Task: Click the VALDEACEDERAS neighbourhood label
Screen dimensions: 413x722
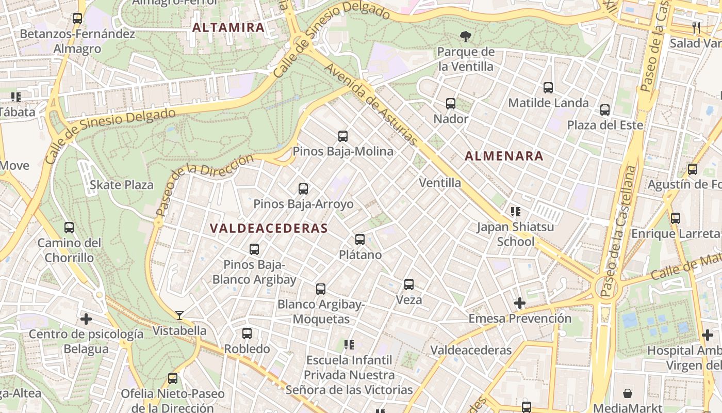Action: pos(269,228)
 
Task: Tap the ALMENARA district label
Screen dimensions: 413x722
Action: pos(504,156)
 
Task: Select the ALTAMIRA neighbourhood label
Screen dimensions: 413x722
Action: pos(228,27)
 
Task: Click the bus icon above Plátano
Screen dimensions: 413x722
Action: pos(360,240)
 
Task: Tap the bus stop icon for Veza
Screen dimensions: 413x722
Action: pos(409,284)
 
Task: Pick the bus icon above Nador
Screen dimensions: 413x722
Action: pos(451,104)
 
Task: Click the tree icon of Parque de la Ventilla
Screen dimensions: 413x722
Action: pos(466,36)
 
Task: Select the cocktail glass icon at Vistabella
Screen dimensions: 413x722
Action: pos(179,315)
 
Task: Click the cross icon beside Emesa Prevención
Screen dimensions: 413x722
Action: pos(519,303)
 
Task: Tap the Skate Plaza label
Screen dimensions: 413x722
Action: pos(122,185)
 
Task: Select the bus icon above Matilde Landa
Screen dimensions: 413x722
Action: pos(548,88)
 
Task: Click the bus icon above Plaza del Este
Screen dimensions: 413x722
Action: pos(605,110)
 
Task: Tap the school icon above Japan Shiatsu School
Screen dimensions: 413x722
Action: pos(515,211)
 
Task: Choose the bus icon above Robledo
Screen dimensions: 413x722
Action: pos(247,333)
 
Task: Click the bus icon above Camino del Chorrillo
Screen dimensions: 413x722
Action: pos(69,227)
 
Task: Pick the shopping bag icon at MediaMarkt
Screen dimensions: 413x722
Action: pos(628,393)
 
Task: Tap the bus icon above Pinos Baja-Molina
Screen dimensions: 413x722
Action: pos(343,136)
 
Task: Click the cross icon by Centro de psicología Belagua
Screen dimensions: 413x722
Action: pos(86,319)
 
